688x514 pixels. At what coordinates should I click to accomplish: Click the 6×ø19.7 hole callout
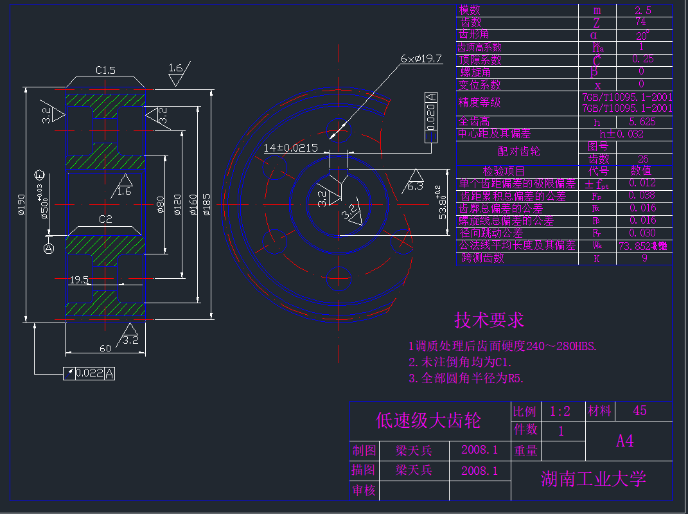[x=421, y=58]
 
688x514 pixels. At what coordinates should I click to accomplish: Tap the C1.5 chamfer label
[x=105, y=70]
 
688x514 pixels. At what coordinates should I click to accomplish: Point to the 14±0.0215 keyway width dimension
[x=290, y=148]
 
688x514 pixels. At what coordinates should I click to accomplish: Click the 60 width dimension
[x=105, y=348]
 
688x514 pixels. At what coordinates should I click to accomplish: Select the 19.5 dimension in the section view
[x=78, y=279]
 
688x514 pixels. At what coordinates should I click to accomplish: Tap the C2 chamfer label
[x=105, y=219]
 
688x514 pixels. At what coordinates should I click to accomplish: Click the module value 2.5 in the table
[x=643, y=10]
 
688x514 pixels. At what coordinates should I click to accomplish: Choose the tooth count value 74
[x=643, y=22]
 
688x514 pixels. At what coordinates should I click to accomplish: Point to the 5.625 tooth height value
[x=643, y=122]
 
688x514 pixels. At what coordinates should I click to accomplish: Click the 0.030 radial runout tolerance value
[x=643, y=233]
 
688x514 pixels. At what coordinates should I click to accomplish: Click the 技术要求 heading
[x=489, y=320]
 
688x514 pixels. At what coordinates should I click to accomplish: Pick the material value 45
[x=640, y=411]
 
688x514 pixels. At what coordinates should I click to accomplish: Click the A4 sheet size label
[x=625, y=441]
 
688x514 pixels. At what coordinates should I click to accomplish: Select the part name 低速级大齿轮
[x=428, y=421]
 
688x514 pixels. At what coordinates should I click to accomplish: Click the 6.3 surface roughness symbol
[x=415, y=186]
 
